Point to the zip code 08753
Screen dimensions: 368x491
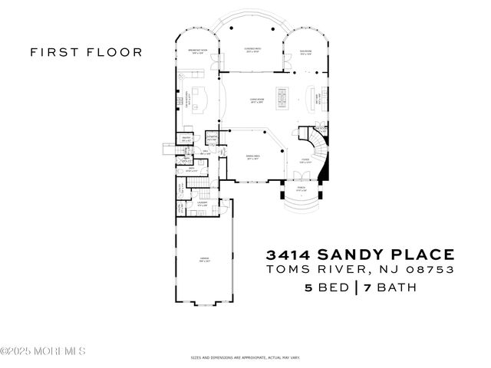pyautogui.click(x=431, y=270)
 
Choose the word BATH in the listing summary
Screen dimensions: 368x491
pyautogui.click(x=395, y=288)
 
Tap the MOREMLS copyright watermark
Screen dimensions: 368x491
pyautogui.click(x=43, y=351)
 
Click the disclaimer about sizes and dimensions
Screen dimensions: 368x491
pyautogui.click(x=245, y=358)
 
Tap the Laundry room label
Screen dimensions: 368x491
pyautogui.click(x=203, y=204)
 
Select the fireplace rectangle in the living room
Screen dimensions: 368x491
pyautogui.click(x=282, y=97)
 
